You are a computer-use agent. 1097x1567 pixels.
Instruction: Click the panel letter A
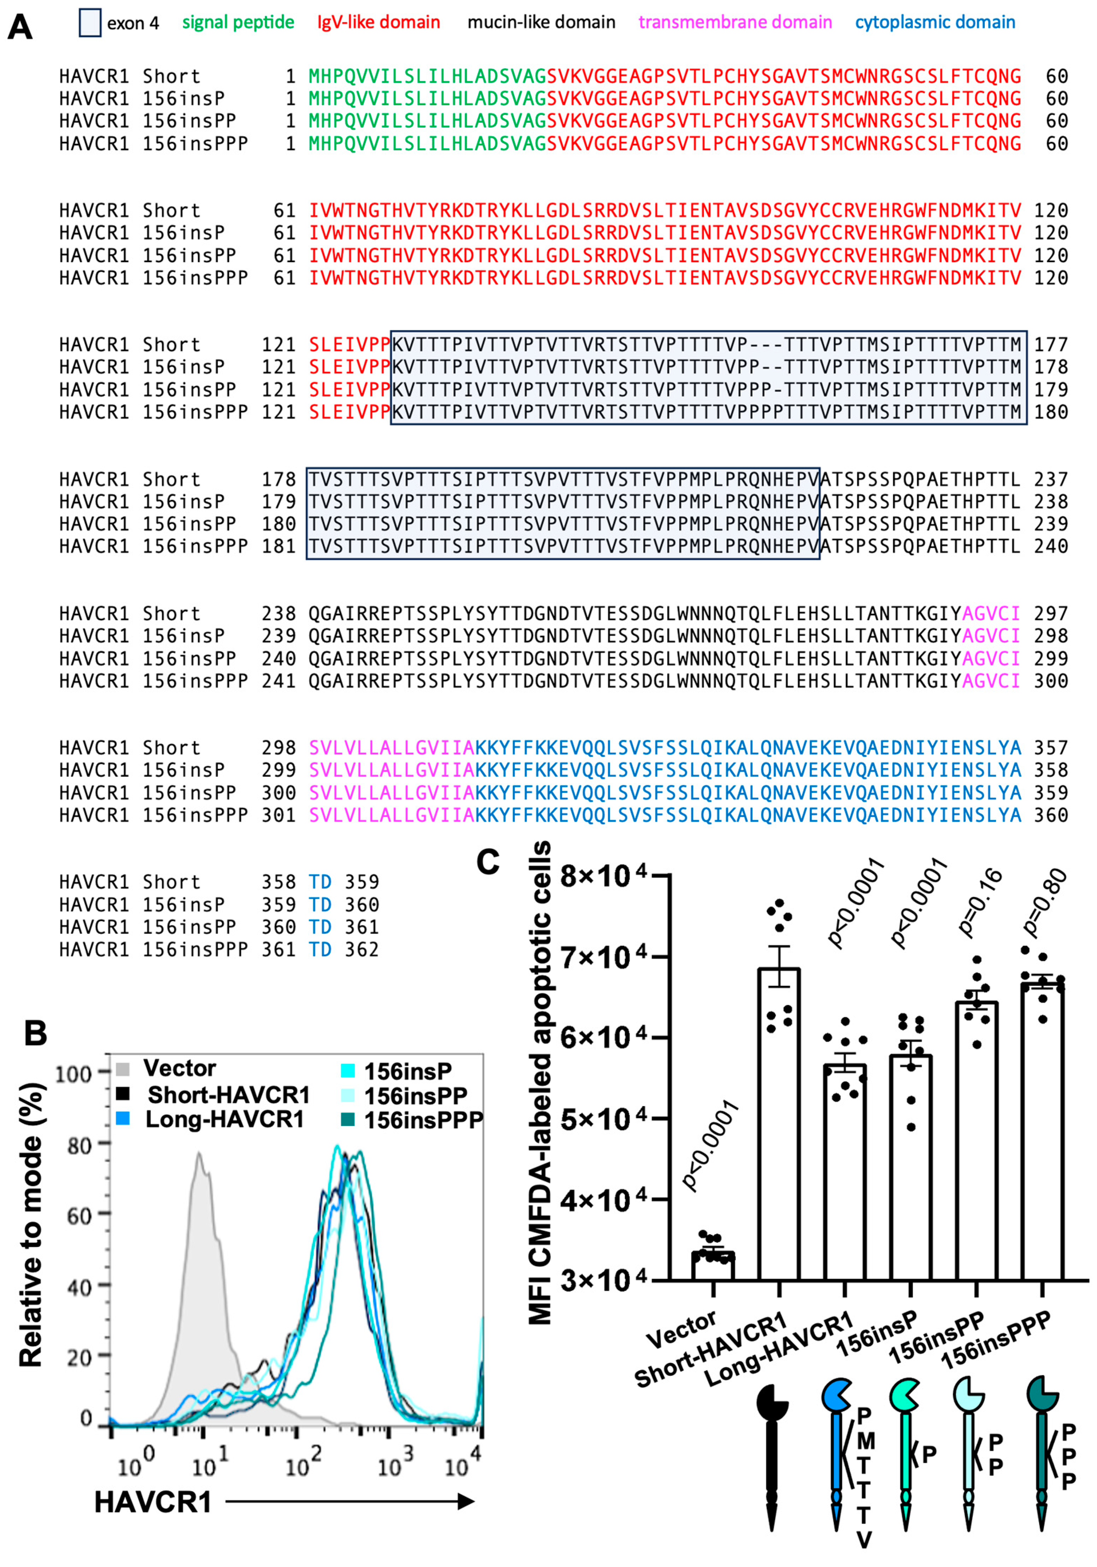tap(20, 27)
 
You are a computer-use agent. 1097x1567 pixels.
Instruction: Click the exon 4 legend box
tap(90, 23)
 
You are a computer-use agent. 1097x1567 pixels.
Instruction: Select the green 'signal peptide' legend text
tap(238, 23)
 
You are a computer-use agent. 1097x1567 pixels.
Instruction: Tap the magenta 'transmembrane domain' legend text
tap(735, 23)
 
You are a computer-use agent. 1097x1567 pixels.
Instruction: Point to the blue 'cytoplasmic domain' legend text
tap(935, 23)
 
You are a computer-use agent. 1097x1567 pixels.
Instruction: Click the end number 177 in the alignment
tap(1050, 345)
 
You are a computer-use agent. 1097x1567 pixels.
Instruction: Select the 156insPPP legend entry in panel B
tap(423, 1120)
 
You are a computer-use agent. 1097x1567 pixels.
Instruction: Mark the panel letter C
tap(488, 862)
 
